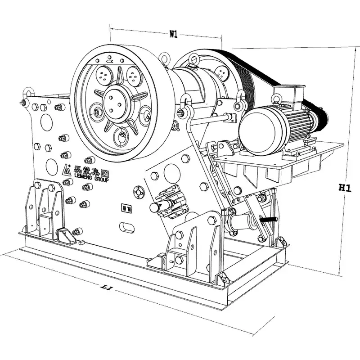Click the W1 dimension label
tap(173, 33)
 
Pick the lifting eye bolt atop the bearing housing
tap(194, 58)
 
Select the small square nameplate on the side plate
tap(124, 208)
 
